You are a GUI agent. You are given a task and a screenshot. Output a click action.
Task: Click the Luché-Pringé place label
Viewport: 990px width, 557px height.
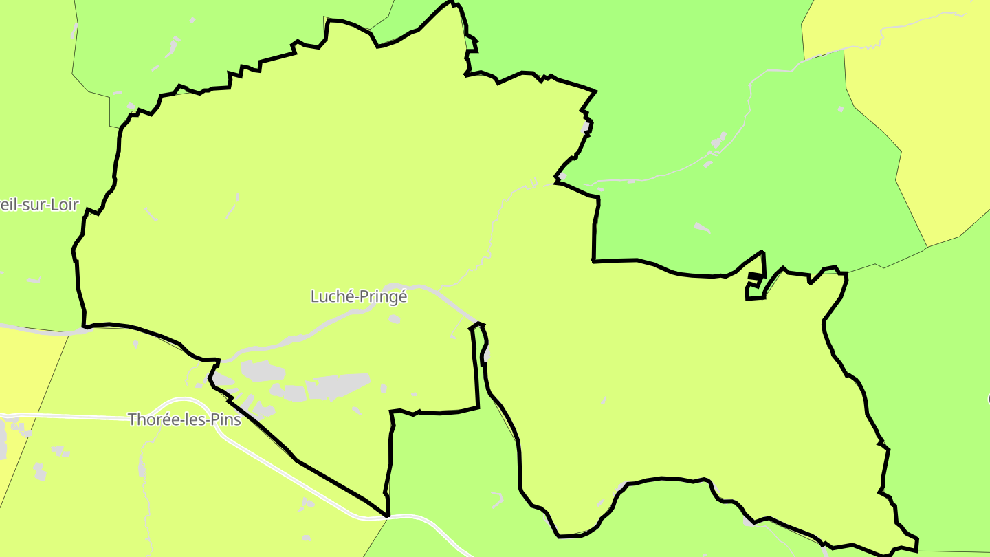tap(359, 296)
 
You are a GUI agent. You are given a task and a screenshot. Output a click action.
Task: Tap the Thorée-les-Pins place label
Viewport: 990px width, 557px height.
tap(184, 419)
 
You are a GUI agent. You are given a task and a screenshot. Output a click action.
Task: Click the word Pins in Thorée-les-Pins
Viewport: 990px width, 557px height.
tap(226, 419)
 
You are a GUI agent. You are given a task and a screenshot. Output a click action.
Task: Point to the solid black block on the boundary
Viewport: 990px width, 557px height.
tap(755, 276)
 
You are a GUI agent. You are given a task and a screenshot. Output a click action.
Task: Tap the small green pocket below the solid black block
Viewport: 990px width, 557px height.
tap(755, 291)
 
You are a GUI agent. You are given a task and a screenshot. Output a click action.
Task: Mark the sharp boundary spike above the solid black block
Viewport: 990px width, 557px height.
tap(762, 253)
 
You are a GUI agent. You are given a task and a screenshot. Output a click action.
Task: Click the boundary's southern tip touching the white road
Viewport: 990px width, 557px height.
tap(388, 515)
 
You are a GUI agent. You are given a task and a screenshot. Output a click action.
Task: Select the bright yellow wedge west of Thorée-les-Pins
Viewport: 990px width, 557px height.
tap(27, 364)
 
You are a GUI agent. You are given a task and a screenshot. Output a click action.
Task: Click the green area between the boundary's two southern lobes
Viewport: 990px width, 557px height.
tap(447, 474)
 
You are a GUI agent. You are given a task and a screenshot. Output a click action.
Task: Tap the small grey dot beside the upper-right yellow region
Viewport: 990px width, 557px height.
tap(840, 109)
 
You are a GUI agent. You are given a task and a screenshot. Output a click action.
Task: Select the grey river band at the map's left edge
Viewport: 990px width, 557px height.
tap(41, 330)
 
